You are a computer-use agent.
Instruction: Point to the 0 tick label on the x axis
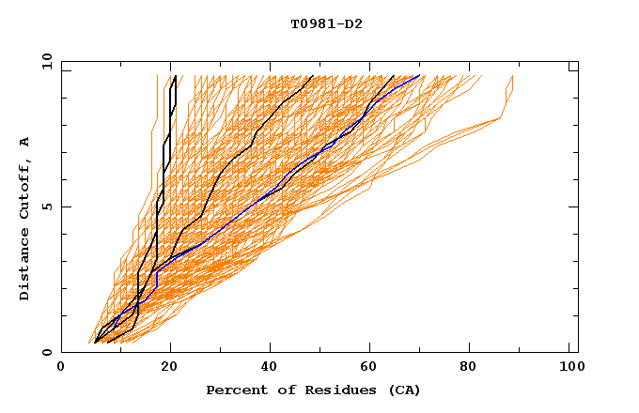tap(61, 368)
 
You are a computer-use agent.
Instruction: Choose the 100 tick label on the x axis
tap(570, 368)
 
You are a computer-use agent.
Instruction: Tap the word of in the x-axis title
tap(277, 390)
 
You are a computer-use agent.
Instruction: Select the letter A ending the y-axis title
tap(25, 142)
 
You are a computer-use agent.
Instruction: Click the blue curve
tap(282, 180)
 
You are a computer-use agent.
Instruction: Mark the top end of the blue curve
tap(419, 75)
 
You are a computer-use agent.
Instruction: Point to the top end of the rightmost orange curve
tap(513, 75)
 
